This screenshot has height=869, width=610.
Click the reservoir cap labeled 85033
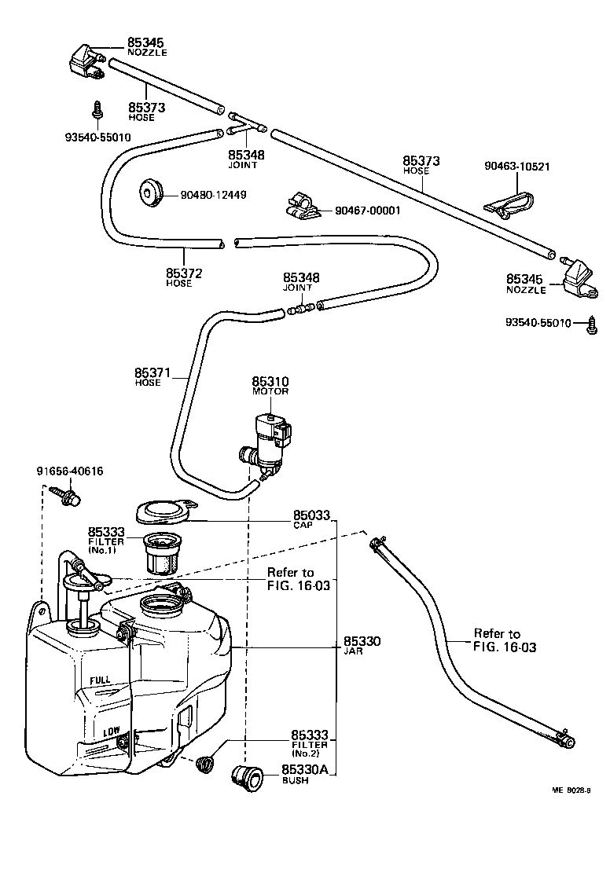point(165,511)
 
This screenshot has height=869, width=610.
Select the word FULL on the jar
point(100,680)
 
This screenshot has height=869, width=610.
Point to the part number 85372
point(184,273)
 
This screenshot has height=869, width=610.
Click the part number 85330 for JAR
point(362,642)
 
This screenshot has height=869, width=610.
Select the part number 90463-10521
point(516,167)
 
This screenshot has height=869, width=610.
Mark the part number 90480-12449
point(213,194)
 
